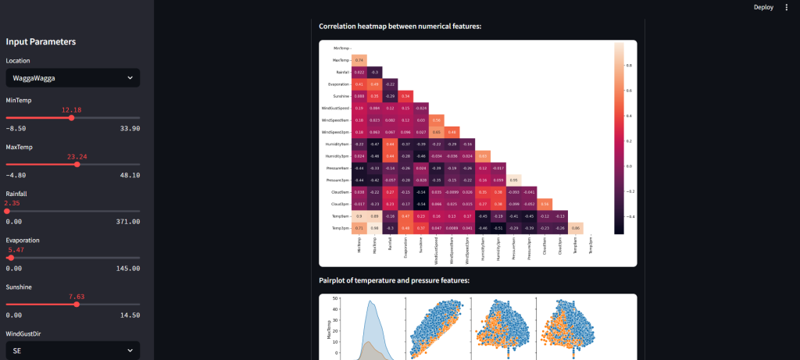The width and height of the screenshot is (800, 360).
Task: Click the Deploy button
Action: click(x=763, y=7)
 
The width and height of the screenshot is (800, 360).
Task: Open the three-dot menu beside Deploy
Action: click(x=787, y=7)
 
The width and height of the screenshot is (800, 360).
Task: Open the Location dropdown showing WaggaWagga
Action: click(x=73, y=78)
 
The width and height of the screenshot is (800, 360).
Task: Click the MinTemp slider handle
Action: click(x=71, y=118)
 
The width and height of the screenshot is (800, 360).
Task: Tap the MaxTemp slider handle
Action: click(x=77, y=164)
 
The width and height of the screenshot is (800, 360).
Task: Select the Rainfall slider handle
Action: click(x=7, y=211)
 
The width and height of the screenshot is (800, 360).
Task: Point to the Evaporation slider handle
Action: click(x=10, y=257)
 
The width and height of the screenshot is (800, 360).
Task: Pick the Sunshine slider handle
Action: click(x=76, y=304)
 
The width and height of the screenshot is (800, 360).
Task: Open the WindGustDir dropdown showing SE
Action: click(x=73, y=351)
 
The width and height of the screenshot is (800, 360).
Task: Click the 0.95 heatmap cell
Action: click(x=513, y=180)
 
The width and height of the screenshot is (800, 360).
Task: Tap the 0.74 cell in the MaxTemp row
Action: click(x=359, y=60)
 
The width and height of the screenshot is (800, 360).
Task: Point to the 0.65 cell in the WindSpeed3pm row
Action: click(x=437, y=132)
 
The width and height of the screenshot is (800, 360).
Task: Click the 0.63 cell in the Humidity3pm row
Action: click(x=483, y=156)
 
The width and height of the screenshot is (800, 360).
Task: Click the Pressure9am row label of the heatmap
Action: click(x=337, y=168)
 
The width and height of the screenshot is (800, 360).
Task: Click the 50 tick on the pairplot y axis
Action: click(x=335, y=298)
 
